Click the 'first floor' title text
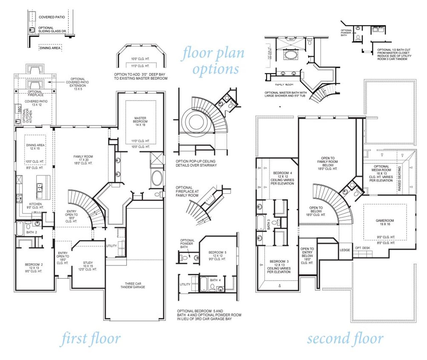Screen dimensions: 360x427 pyautogui.click(x=90, y=339)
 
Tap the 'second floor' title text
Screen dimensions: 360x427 pyautogui.click(x=345, y=339)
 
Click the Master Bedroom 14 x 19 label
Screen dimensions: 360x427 pyautogui.click(x=140, y=121)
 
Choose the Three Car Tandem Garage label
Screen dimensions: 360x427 pyautogui.click(x=133, y=285)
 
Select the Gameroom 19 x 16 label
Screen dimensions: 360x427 pyautogui.click(x=385, y=222)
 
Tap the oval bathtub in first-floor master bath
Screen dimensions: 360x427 pyautogui.click(x=156, y=178)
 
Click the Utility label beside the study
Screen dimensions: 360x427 pyautogui.click(x=111, y=246)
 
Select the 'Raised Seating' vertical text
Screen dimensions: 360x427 pyautogui.click(x=400, y=179)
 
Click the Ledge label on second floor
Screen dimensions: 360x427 pyautogui.click(x=345, y=250)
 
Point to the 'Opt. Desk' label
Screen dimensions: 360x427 pyautogui.click(x=363, y=248)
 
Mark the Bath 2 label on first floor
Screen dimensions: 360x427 pyautogui.click(x=31, y=232)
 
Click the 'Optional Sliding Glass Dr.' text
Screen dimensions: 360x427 pyautogui.click(x=52, y=30)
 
